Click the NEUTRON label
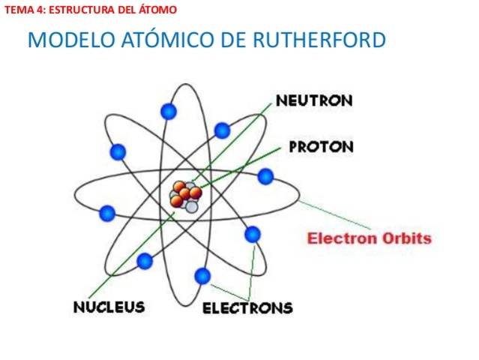[x=314, y=100]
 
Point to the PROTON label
[x=322, y=146]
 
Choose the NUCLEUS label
[x=109, y=307]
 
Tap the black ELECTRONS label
[x=248, y=307]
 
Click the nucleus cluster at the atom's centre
[x=185, y=196]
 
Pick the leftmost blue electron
[x=107, y=214]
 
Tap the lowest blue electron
[x=202, y=275]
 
